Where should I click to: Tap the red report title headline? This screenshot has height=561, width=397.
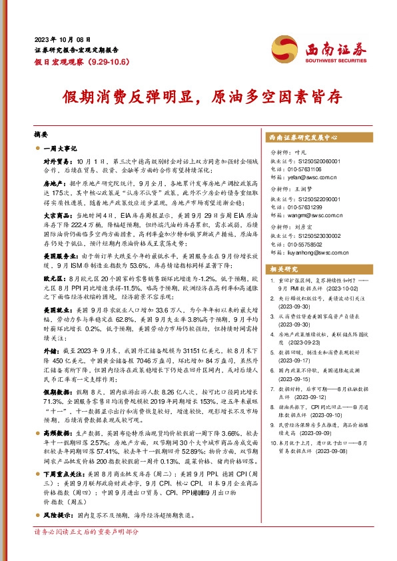tap(198, 96)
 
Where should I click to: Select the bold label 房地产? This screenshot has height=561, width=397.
tap(56, 181)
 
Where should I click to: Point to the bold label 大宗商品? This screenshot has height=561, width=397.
tap(59, 216)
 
